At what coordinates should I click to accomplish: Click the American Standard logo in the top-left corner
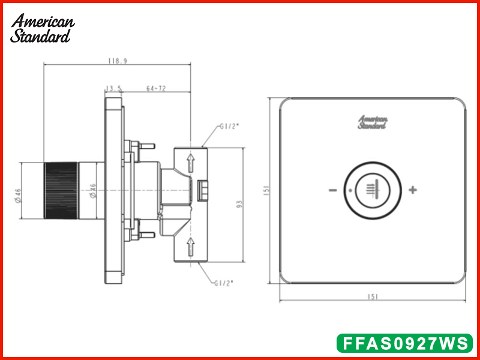coord(42,28)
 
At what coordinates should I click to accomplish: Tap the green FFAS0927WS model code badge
coord(404,343)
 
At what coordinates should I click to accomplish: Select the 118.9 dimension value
coord(118,61)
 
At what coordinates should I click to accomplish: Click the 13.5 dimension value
coord(113,88)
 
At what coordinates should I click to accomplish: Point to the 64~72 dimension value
coord(156,88)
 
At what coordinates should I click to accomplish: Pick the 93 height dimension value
coord(239,204)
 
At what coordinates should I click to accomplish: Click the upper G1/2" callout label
coord(229,127)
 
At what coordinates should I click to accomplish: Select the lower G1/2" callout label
coord(224,283)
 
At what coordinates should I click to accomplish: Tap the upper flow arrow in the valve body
coord(191,163)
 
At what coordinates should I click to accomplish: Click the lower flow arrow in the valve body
coord(191,247)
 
